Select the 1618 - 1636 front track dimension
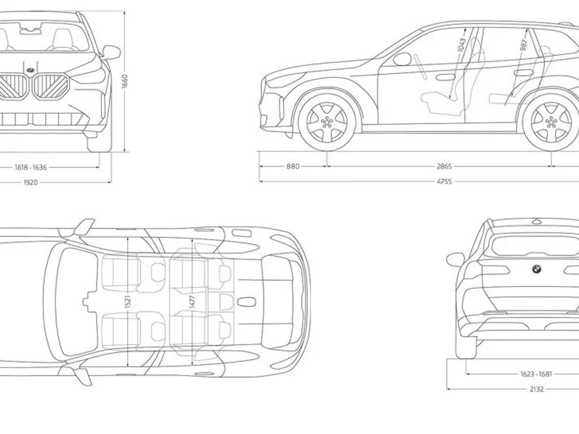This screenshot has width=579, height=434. (x=31, y=167)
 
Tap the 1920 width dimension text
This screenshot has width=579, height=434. (x=31, y=183)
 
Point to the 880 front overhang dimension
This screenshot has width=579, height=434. (x=293, y=167)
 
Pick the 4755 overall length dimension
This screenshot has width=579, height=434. (x=444, y=182)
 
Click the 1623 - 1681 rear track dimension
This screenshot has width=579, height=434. (x=537, y=374)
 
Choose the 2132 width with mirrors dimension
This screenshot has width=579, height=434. (x=537, y=389)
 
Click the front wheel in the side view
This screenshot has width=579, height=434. (x=327, y=121)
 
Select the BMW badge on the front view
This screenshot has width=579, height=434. (x=28, y=69)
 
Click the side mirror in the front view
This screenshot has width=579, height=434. (x=112, y=52)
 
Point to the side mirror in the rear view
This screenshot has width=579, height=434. (x=455, y=259)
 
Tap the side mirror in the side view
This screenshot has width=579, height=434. (x=402, y=59)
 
